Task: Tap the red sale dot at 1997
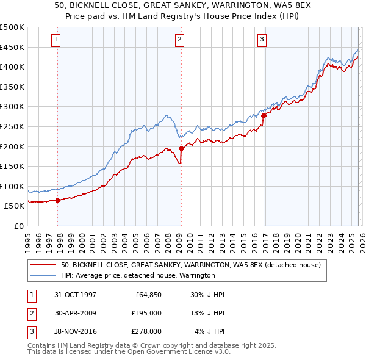pyautogui.click(x=58, y=200)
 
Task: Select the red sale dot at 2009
pyautogui.click(x=182, y=148)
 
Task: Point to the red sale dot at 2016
pyautogui.click(x=264, y=115)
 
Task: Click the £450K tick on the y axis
pyautogui.click(x=12, y=47)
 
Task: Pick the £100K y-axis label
pyautogui.click(x=12, y=186)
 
